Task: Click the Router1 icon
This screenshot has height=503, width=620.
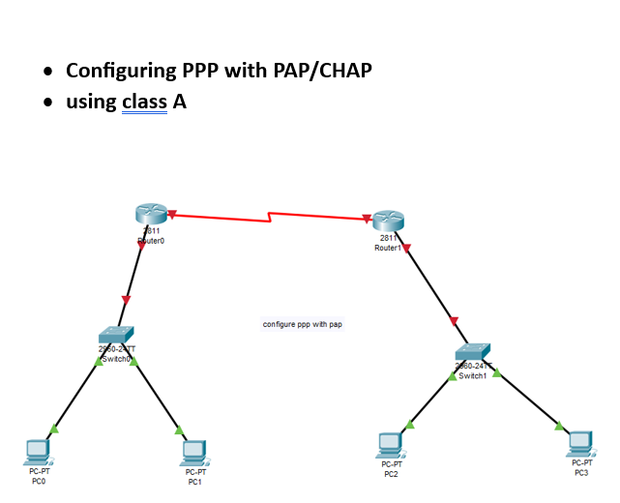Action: [x=387, y=222]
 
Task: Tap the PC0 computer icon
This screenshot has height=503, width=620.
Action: [x=38, y=450]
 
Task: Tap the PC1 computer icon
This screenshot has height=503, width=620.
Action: [x=194, y=452]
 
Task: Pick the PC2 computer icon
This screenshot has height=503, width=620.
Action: [x=390, y=444]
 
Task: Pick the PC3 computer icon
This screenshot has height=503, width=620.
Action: [x=579, y=442]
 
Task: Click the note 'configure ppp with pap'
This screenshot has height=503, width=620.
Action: [x=302, y=324]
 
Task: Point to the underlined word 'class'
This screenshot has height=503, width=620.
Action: [x=145, y=102]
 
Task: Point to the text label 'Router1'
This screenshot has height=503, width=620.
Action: [x=387, y=248]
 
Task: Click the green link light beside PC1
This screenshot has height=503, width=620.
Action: [x=179, y=430]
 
